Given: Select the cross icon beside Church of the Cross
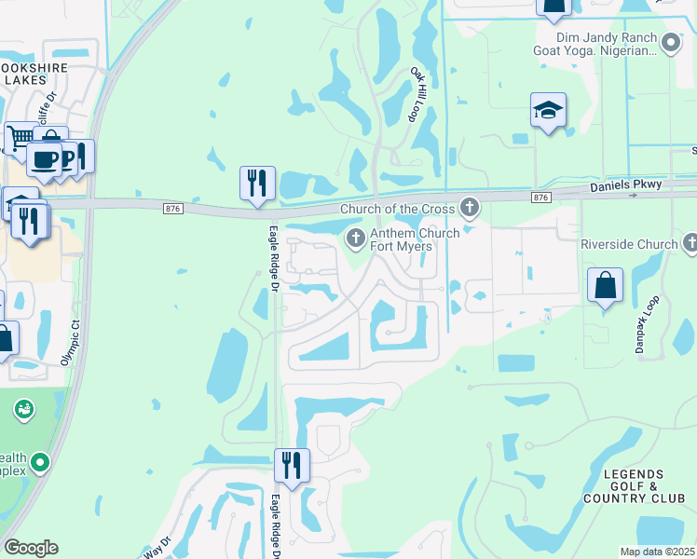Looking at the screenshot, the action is coord(471,208).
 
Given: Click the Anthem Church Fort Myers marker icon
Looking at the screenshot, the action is coord(354,239).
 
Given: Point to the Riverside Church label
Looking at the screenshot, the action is coord(629,244).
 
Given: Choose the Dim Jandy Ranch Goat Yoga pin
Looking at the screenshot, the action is coord(670,42).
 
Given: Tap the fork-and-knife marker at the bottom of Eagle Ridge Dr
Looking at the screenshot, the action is coord(292,464).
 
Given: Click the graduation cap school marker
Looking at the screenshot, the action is coord(549,109).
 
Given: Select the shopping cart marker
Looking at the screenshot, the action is coord(20,138).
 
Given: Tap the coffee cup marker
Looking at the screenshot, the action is coord(43,158).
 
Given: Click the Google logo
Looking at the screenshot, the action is coord(31,548).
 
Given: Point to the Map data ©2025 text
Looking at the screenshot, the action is coord(656,552).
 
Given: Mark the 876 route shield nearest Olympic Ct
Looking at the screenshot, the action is coord(171,209).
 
